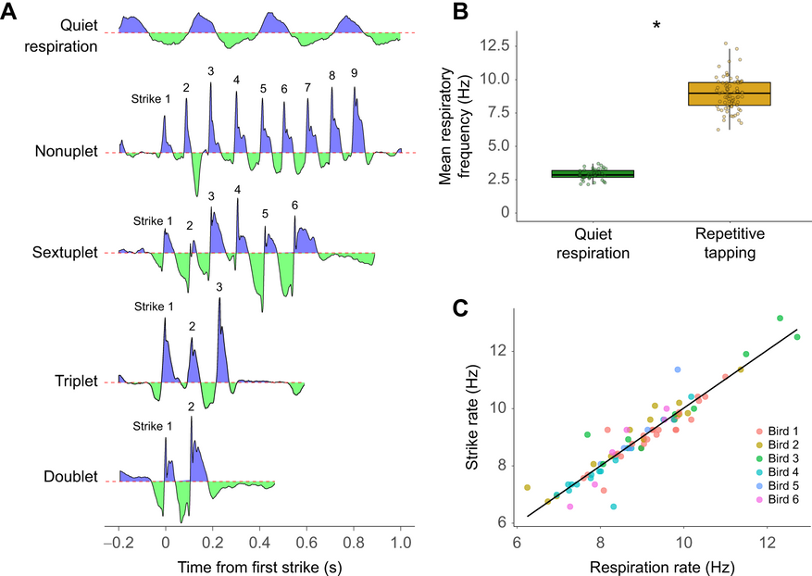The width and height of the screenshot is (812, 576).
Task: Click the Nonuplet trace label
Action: coord(67,151)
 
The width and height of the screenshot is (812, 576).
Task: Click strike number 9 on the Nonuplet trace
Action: coord(354,73)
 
